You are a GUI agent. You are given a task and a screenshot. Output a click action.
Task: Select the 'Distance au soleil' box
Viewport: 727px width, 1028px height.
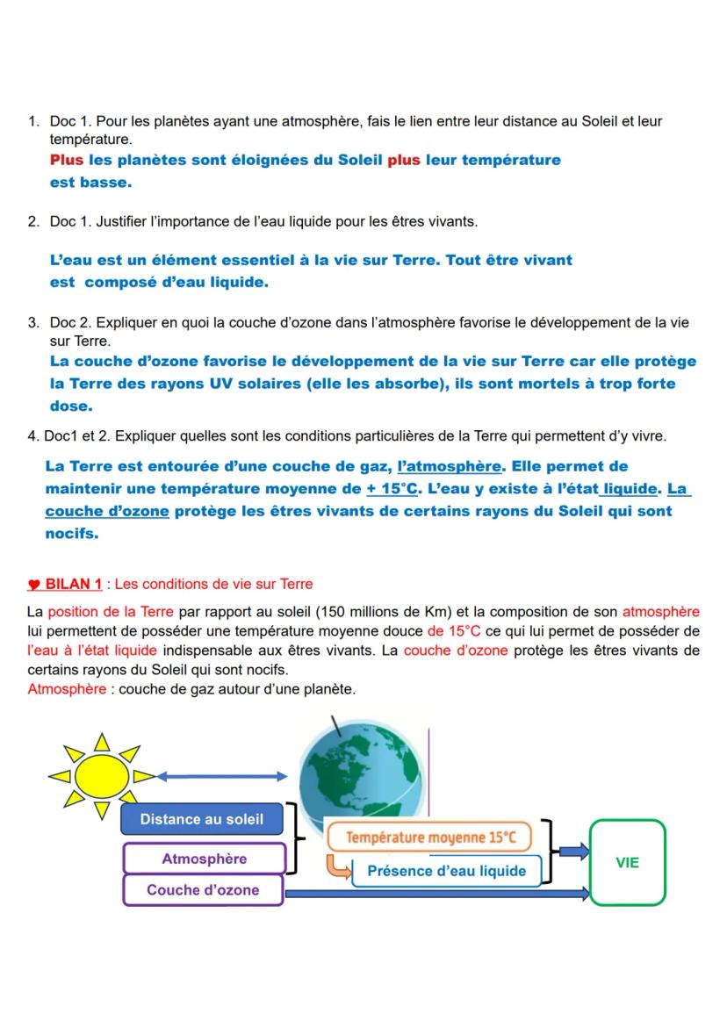[202, 819]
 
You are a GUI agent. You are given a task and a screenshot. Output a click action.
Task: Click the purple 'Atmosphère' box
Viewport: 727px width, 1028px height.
[205, 859]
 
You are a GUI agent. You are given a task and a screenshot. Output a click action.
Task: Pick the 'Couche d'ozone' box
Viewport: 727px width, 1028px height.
[203, 890]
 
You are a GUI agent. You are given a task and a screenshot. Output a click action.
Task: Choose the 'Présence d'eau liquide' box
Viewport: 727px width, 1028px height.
[447, 871]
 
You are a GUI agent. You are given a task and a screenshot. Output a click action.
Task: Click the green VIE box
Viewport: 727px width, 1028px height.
[627, 863]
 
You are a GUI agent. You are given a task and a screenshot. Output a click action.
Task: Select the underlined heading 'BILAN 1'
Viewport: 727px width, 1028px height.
[74, 584]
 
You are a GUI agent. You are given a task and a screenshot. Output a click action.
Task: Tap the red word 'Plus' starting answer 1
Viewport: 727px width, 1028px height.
[67, 161]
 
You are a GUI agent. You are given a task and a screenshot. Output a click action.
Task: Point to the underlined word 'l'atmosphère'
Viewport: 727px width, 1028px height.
[449, 466]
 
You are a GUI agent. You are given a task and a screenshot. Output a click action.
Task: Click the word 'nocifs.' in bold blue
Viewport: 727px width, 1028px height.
[72, 533]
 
